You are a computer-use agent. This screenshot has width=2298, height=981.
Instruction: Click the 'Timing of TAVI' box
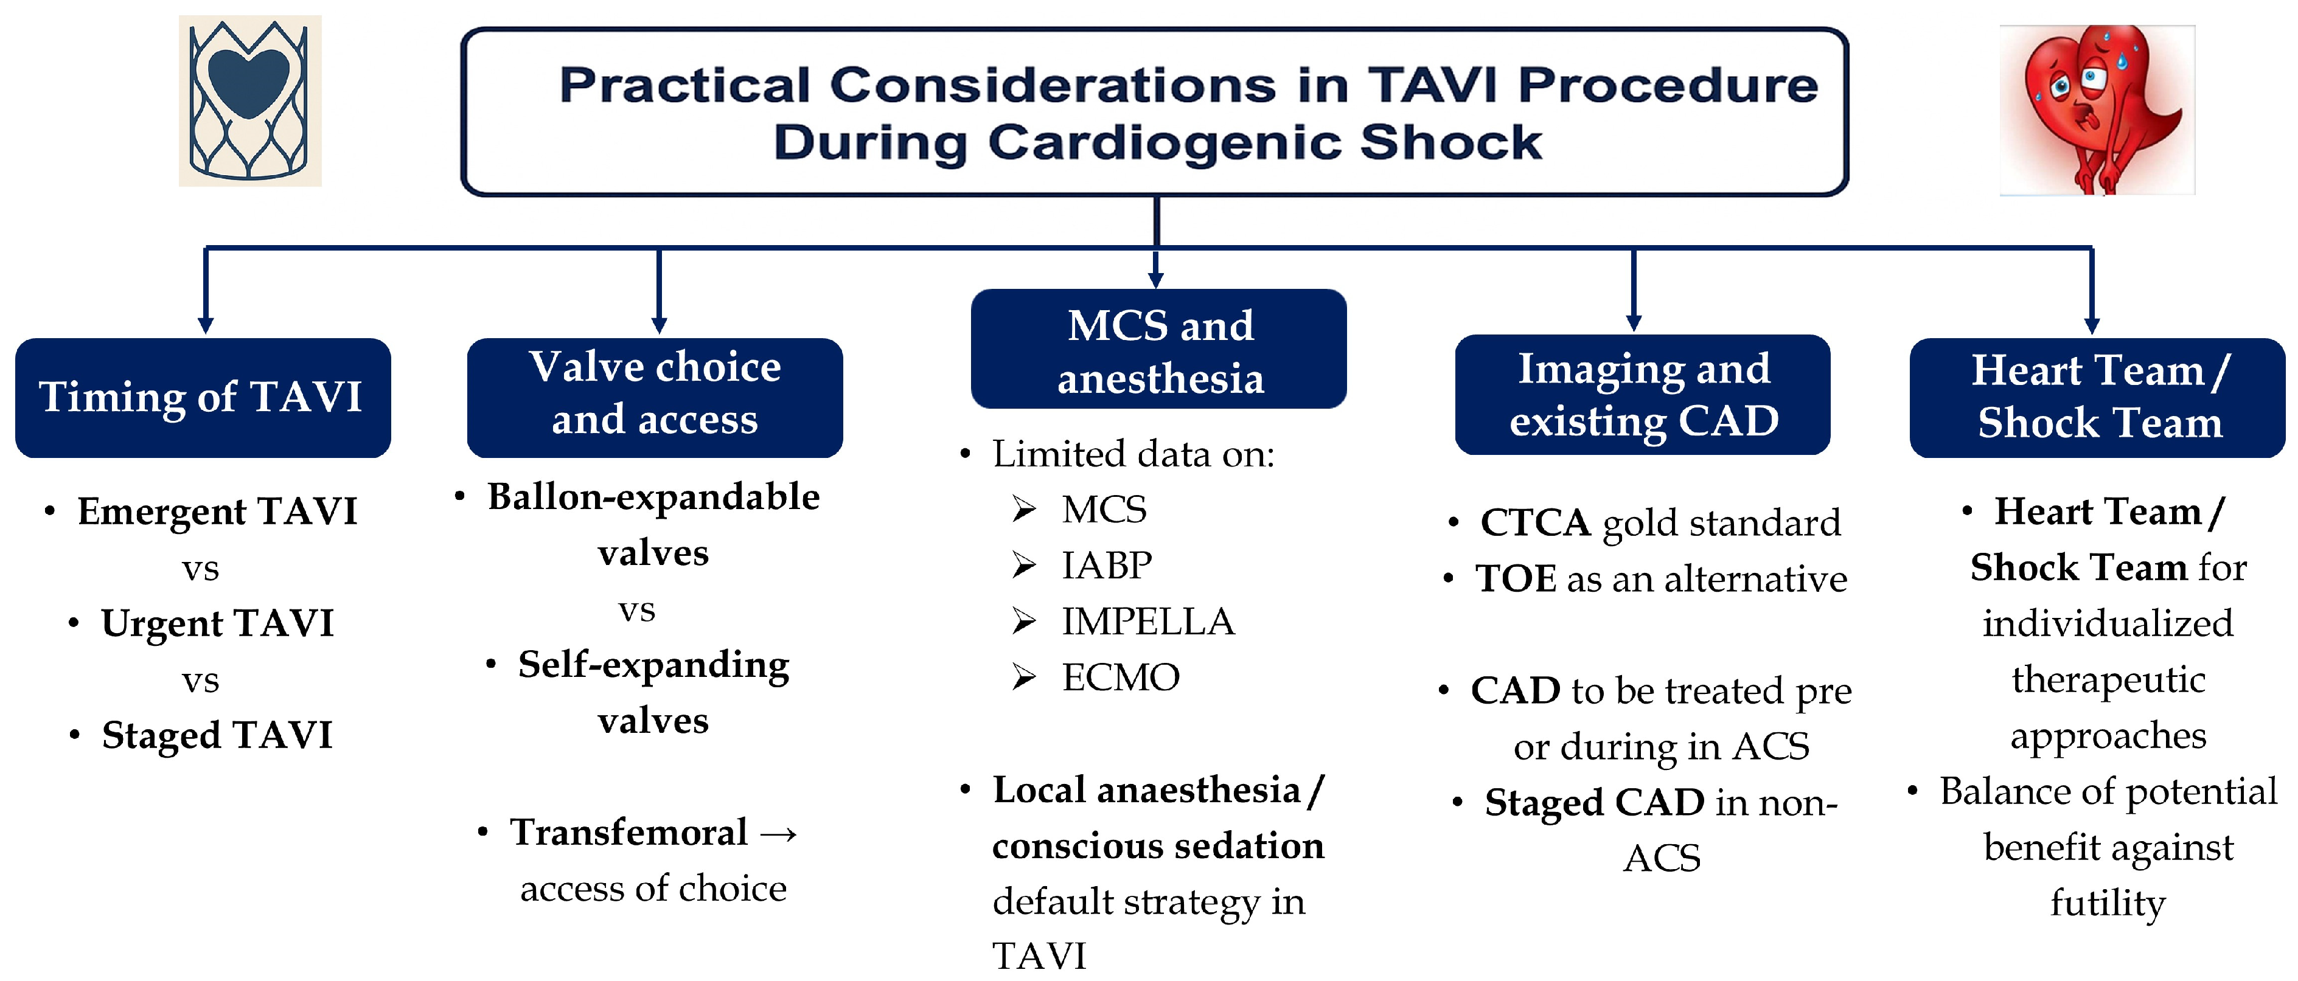(x=203, y=398)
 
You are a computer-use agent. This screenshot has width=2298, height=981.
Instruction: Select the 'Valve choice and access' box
(x=655, y=398)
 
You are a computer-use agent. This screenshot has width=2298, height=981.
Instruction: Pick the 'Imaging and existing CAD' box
(x=1642, y=395)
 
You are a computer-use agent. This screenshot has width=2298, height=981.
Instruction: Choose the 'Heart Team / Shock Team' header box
(x=2097, y=398)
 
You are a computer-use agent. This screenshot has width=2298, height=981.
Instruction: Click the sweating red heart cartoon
(x=2097, y=109)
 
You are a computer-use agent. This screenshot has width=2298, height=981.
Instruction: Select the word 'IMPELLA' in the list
(x=1147, y=622)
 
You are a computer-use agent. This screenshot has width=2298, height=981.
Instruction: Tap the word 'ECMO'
(x=1121, y=678)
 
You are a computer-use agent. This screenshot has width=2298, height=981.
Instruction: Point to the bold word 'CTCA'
(x=1534, y=522)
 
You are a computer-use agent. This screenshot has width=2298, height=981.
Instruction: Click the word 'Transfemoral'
(x=628, y=833)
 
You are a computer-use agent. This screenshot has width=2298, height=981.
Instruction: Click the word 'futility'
(x=2107, y=903)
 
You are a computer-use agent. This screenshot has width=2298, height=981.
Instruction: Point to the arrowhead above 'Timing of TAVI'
(x=206, y=325)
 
